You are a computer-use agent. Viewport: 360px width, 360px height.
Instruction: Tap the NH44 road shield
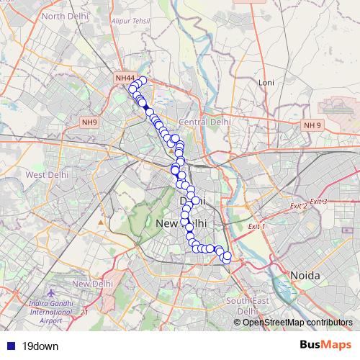pyautogui.click(x=125, y=78)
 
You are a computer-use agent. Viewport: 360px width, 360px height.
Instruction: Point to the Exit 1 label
pyautogui.click(x=257, y=227)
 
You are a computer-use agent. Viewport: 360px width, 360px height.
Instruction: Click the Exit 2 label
pyautogui.click(x=299, y=206)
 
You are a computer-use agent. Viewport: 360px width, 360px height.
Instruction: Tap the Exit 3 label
pyautogui.click(x=319, y=201)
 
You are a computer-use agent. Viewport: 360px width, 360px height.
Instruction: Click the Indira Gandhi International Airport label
pyautogui.click(x=51, y=307)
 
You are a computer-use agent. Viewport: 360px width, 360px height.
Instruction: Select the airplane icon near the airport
pyautogui.click(x=51, y=294)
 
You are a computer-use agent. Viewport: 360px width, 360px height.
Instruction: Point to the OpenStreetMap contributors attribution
pyautogui.click(x=297, y=323)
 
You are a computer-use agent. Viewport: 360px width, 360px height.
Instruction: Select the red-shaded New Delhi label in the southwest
pyautogui.click(x=92, y=284)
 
